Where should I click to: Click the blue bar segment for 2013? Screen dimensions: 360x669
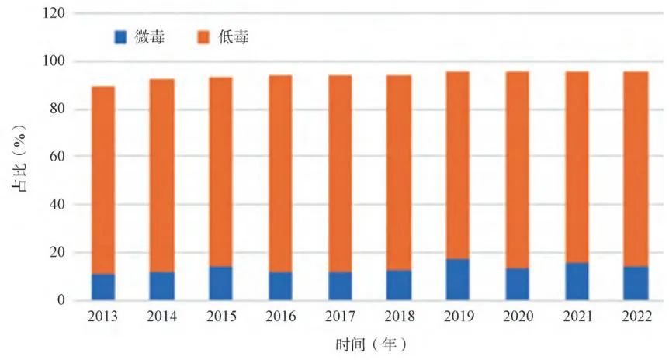point(102,287)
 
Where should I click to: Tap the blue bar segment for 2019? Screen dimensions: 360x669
point(457,279)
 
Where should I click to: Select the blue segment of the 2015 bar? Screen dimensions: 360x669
point(220,283)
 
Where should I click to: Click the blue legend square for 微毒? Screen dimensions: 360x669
point(120,36)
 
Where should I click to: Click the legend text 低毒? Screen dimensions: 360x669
point(236,36)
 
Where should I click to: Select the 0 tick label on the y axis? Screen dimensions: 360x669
point(60,300)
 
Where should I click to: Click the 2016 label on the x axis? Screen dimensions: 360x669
point(280,317)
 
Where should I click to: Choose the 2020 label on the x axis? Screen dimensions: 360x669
point(517,317)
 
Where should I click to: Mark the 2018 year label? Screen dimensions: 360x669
point(398,317)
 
